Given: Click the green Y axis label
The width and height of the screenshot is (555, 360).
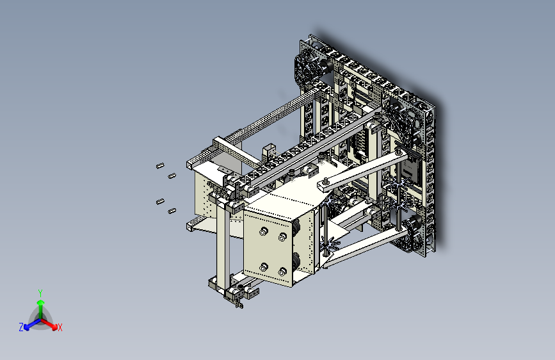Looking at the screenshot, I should click(x=40, y=291).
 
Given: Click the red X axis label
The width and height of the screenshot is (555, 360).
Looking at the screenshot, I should click(x=60, y=328).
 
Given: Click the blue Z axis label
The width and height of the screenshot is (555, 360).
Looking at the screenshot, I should click(x=21, y=327).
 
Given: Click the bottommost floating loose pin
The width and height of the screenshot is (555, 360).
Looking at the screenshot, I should click(x=172, y=211).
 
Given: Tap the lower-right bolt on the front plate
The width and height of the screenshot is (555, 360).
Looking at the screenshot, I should click(x=282, y=272).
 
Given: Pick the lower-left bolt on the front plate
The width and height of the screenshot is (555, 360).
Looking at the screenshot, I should click(x=262, y=266).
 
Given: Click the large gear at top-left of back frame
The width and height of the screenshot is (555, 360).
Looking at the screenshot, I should click(x=310, y=69).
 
